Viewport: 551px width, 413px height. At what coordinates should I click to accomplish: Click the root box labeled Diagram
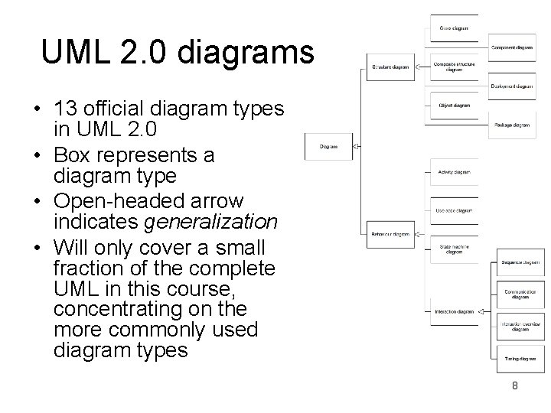(x=328, y=146)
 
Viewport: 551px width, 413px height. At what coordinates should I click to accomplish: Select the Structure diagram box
(x=390, y=67)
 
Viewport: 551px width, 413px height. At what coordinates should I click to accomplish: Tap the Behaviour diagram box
(x=390, y=234)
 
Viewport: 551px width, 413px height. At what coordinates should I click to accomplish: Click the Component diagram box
(x=511, y=47)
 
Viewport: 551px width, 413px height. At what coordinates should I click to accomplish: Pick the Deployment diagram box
(x=511, y=86)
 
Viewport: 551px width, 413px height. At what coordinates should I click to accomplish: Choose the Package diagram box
(x=511, y=125)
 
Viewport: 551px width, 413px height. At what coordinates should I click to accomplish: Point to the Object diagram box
(x=455, y=106)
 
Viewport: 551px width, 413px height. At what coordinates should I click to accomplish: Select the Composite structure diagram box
(x=455, y=67)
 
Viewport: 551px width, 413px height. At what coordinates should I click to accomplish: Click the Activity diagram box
(x=455, y=172)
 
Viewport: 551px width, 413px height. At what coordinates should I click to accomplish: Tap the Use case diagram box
(x=455, y=210)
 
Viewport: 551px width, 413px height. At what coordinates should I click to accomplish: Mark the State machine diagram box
(x=455, y=249)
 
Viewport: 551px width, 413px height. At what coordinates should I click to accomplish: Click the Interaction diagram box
(x=455, y=312)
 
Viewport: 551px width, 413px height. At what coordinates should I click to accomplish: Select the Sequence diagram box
(x=520, y=263)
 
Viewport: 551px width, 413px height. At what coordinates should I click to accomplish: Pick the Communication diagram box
(x=520, y=294)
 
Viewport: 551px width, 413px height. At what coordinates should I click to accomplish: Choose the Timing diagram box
(x=520, y=358)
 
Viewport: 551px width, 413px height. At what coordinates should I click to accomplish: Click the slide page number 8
(x=515, y=386)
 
